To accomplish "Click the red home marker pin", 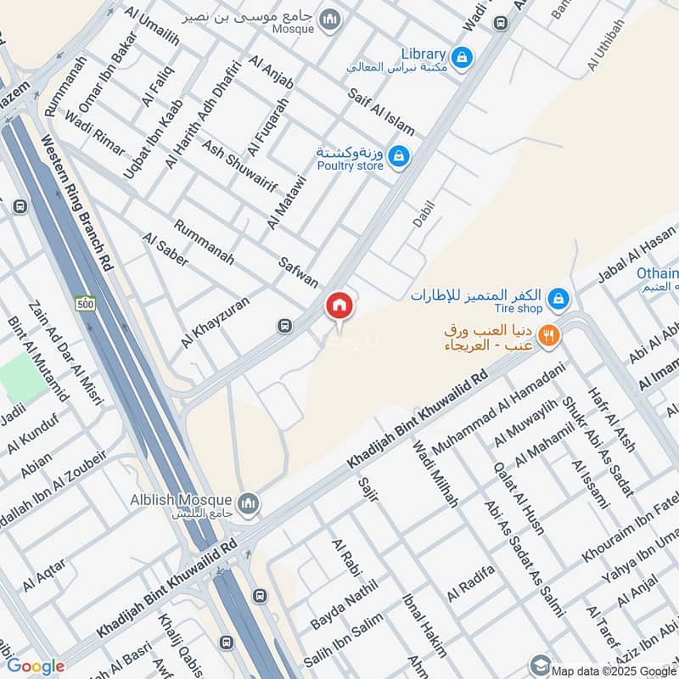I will [339, 306].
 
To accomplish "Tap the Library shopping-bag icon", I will [461, 57].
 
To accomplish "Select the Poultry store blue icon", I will [400, 156].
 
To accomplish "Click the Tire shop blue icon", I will [558, 298].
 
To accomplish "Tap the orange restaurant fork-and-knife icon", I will [549, 336].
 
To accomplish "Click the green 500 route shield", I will [84, 303].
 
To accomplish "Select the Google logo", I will [36, 666].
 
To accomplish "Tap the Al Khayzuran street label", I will [216, 320].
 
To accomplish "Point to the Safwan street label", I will [299, 271].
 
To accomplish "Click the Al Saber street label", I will [166, 250].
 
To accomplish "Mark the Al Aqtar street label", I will [44, 575].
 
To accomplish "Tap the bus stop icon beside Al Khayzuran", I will [284, 325].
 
